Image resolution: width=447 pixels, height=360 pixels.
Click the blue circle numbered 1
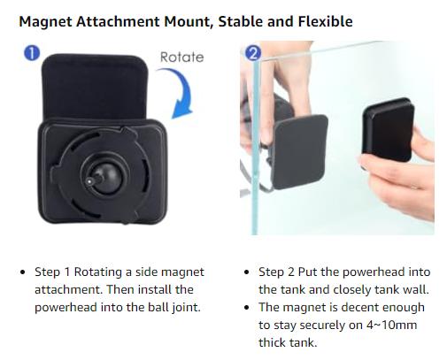(x=32, y=53)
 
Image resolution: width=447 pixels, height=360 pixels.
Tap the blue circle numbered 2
(x=253, y=53)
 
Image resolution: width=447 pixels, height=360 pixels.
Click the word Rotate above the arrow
(x=181, y=57)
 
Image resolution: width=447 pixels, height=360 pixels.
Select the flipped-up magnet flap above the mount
(x=95, y=86)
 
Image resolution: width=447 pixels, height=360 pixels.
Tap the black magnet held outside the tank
(x=389, y=130)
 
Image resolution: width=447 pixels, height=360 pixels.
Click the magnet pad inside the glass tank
(x=300, y=151)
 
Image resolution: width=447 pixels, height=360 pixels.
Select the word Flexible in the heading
(x=325, y=21)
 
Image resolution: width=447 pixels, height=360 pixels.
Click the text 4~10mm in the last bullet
(x=392, y=325)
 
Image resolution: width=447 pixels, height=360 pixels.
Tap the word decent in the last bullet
(x=358, y=307)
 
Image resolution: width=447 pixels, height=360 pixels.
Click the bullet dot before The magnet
(x=247, y=308)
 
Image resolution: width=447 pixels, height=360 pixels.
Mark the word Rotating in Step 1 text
(x=100, y=272)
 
